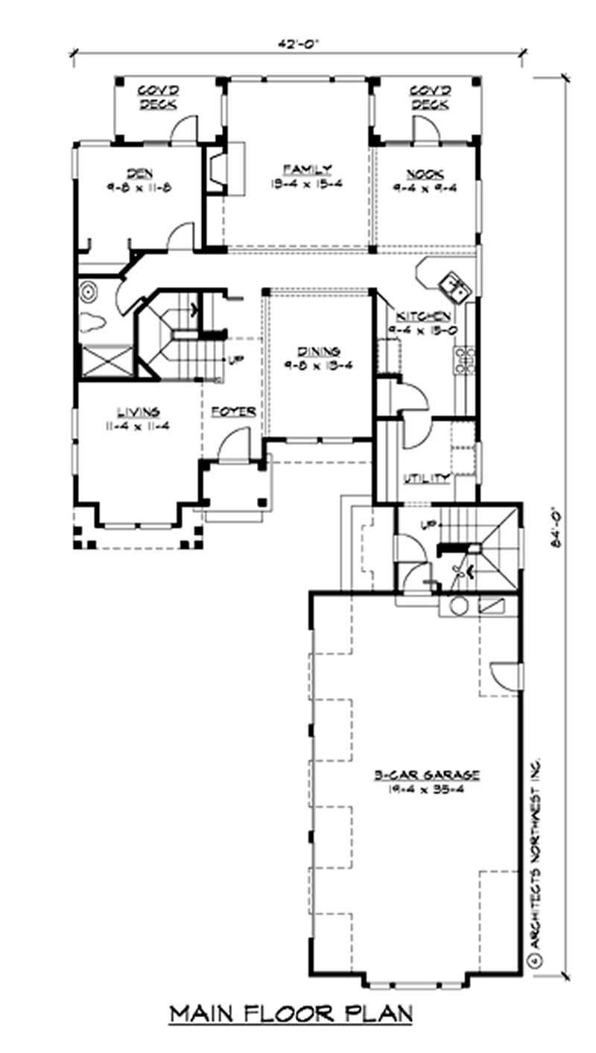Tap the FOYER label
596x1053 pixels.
click(233, 412)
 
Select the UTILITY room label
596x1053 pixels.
click(426, 478)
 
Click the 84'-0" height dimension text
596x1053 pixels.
click(554, 527)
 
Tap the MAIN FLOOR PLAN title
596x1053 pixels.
click(291, 1014)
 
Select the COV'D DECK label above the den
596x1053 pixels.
click(157, 98)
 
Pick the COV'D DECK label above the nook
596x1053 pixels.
click(430, 98)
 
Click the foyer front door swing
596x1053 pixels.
click(235, 449)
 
